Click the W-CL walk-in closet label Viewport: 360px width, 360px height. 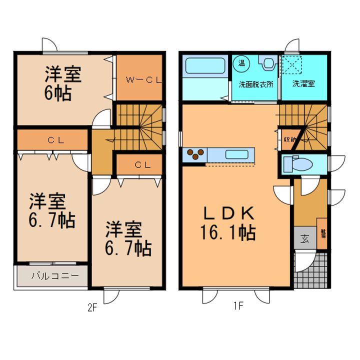[x=140, y=79]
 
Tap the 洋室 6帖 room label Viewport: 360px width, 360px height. [x=62, y=84]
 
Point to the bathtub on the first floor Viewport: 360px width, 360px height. [x=205, y=66]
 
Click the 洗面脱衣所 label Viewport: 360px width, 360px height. [x=255, y=84]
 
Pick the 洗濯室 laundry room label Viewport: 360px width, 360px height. [x=303, y=84]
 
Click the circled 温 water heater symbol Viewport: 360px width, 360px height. [x=241, y=62]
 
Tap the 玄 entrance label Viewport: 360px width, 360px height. [x=304, y=238]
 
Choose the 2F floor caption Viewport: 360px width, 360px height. [x=91, y=308]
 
